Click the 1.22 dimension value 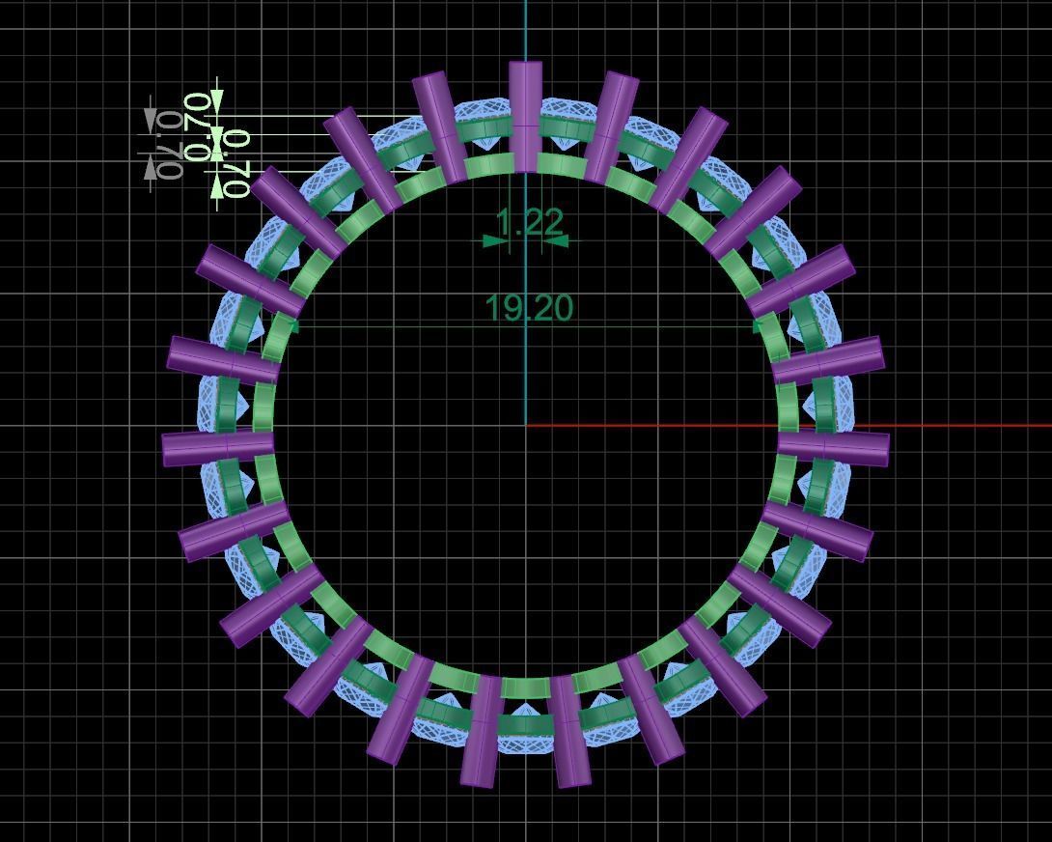[x=528, y=222]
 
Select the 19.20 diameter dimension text [x=529, y=308]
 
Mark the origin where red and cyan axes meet [x=526, y=425]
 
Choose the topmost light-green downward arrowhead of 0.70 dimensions [x=217, y=99]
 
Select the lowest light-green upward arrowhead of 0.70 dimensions [x=217, y=183]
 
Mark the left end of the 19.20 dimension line [x=292, y=327]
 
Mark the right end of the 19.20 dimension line [x=760, y=327]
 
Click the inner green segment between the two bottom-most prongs [x=526, y=688]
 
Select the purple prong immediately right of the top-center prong [x=611, y=126]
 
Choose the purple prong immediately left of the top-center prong [x=440, y=126]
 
